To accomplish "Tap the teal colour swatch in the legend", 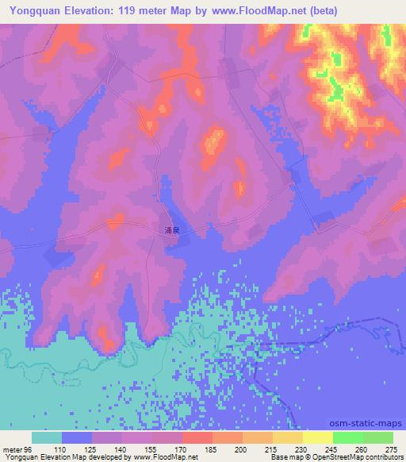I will point(47,437).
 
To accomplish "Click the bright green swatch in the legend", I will point(347,437).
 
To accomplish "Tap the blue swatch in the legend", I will point(77,437).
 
